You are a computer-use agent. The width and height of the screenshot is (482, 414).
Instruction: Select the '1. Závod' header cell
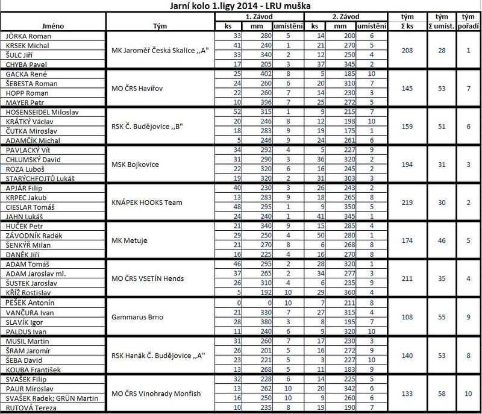pos(260,17)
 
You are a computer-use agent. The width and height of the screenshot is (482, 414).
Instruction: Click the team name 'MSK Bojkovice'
pos(133,165)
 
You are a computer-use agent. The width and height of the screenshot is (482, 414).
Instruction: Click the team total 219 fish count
pos(405,202)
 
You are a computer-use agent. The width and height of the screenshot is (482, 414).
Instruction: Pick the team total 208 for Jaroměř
pos(405,51)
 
